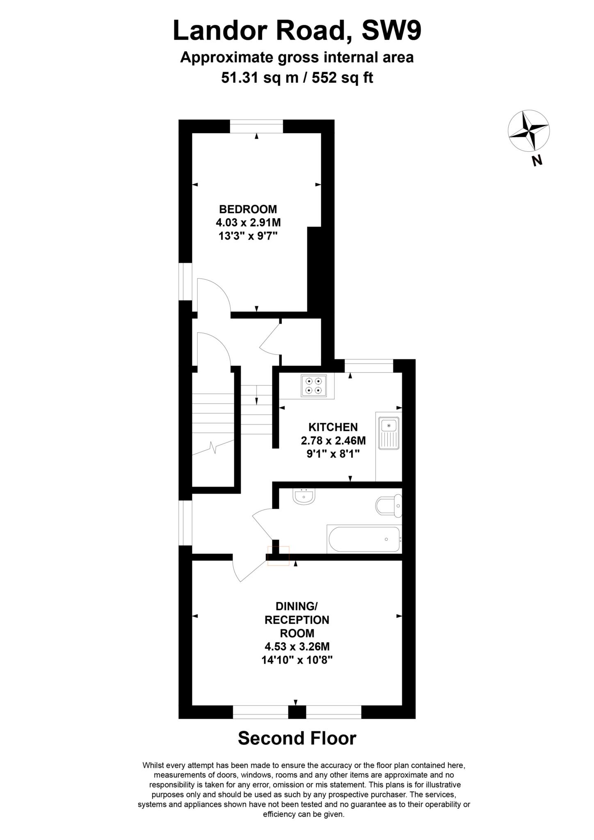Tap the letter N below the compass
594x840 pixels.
(537, 161)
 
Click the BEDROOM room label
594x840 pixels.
(248, 209)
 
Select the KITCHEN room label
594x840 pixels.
(333, 427)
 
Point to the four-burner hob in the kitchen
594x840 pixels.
(314, 386)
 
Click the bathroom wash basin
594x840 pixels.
(304, 497)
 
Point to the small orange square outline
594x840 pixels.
(278, 556)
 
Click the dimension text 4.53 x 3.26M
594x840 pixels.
(297, 647)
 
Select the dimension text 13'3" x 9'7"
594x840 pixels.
(248, 236)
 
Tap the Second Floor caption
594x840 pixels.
(297, 738)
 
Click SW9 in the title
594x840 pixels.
(391, 31)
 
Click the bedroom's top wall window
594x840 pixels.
(256, 126)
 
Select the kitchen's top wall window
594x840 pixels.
(369, 366)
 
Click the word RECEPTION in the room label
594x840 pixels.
(297, 619)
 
